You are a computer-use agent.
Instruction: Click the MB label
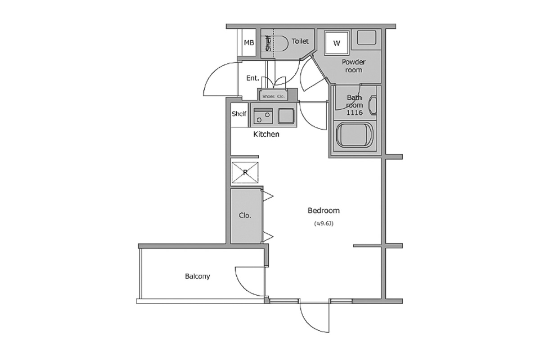click(249, 43)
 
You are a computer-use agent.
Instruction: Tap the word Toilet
click(300, 41)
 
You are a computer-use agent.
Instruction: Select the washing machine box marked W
click(337, 43)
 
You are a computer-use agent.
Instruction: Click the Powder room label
click(354, 66)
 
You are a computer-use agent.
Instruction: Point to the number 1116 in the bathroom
click(355, 112)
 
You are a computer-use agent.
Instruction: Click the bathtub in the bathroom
click(355, 135)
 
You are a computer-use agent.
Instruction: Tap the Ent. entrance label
click(252, 78)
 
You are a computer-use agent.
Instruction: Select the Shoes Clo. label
click(274, 96)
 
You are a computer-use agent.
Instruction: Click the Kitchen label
click(266, 134)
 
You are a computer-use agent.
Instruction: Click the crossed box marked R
click(245, 172)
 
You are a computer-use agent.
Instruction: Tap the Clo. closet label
click(245, 215)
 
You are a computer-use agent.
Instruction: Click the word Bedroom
click(324, 211)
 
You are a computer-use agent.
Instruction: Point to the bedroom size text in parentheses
click(324, 224)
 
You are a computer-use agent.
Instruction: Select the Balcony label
click(198, 276)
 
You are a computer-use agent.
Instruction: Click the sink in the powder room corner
click(366, 37)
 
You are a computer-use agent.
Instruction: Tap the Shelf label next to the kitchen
click(239, 113)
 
